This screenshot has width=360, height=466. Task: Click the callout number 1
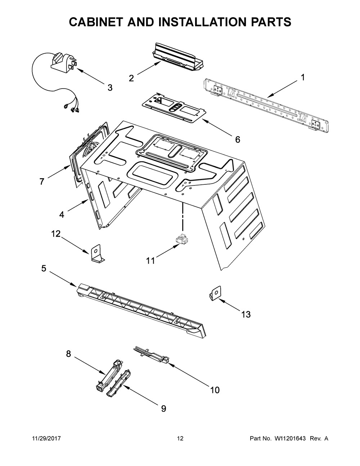(x=303, y=77)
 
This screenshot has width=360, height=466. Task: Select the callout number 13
(x=246, y=314)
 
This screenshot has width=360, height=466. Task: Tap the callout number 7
(x=42, y=182)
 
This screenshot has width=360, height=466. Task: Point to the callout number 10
(x=215, y=390)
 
